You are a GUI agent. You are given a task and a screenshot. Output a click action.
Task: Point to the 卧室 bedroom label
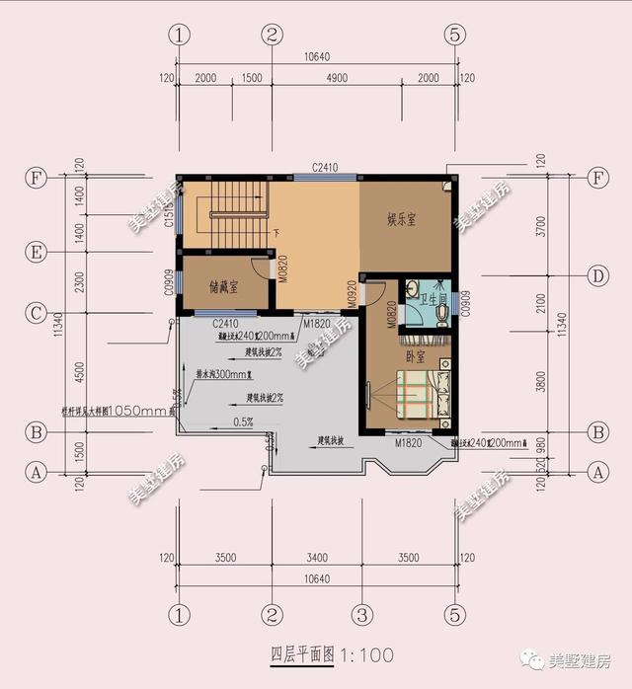416,355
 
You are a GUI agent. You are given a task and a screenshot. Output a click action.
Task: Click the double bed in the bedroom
413,395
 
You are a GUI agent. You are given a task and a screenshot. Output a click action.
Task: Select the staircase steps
237,200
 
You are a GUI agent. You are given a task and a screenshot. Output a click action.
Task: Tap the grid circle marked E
36,254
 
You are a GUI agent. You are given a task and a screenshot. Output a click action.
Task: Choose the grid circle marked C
36,314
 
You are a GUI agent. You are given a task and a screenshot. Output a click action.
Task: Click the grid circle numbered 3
362,615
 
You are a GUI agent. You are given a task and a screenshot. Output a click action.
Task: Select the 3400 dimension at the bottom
317,559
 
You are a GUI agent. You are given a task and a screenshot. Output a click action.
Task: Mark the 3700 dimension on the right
541,227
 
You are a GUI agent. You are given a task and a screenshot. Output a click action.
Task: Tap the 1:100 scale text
366,654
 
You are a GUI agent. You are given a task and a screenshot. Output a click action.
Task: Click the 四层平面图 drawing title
303,654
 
